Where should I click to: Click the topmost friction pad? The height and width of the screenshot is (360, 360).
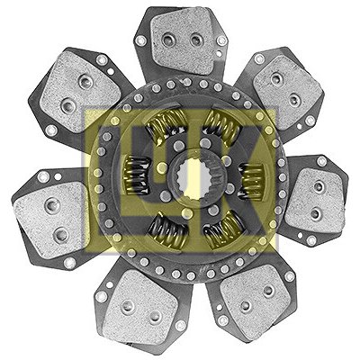[x=183, y=40]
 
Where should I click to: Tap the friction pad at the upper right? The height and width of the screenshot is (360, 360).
[x=287, y=87]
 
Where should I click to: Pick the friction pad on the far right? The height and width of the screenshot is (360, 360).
[x=315, y=201]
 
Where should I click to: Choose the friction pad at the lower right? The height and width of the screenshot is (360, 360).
[x=255, y=299]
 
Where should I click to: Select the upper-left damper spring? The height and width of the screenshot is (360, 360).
[x=166, y=123]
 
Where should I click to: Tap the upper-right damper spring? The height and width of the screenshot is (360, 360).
[x=222, y=123]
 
